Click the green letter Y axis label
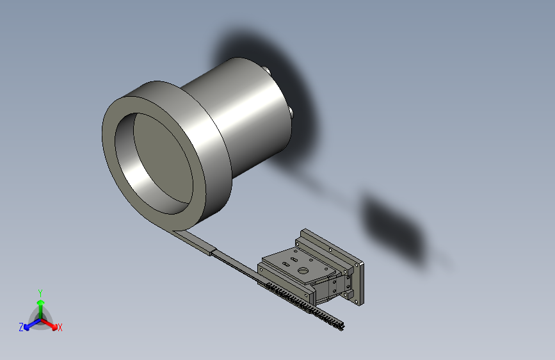point(40,293)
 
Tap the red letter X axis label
point(60,327)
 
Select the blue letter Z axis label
point(21,327)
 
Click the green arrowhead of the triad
point(41,302)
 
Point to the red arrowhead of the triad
point(54,327)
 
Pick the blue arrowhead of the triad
point(27,327)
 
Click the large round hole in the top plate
point(303,271)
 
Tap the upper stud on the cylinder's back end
point(266,70)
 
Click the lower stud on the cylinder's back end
point(291,113)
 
